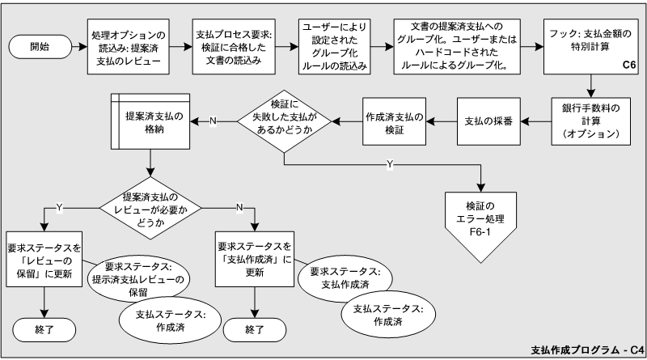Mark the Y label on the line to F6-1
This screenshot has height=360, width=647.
point(390,164)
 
